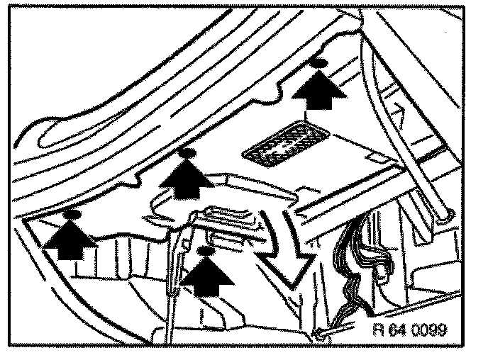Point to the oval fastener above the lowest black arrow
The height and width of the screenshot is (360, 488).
point(206,251)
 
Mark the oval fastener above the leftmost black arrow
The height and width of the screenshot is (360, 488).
point(71,213)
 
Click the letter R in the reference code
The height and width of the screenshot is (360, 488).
point(377,330)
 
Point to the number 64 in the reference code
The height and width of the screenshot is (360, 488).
point(398,330)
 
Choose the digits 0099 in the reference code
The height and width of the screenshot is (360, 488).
point(432,330)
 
